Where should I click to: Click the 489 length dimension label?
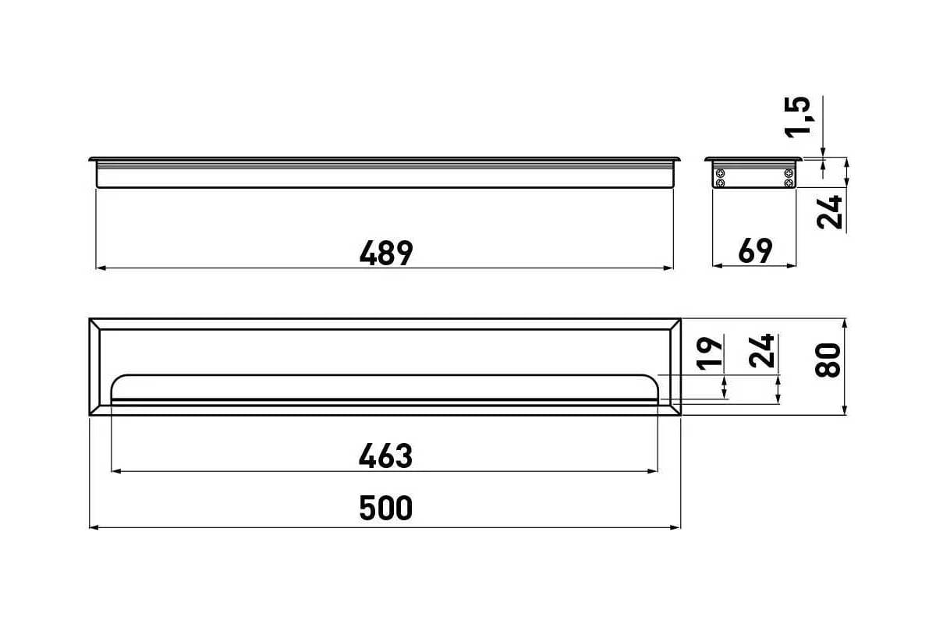click(386, 253)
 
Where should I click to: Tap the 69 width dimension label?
click(755, 251)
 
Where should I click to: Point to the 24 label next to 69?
click(830, 212)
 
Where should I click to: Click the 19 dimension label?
click(710, 353)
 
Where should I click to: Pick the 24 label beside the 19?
click(762, 351)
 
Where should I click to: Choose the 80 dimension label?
click(828, 360)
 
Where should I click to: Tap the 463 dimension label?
click(385, 456)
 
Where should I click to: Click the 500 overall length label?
click(385, 509)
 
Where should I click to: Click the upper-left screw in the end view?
click(720, 173)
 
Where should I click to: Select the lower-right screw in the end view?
click(789, 183)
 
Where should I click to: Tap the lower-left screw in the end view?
click(720, 183)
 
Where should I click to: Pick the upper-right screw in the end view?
click(789, 173)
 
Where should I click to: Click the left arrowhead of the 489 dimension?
click(101, 268)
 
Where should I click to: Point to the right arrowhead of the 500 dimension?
click(675, 528)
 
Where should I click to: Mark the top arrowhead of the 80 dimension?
click(845, 324)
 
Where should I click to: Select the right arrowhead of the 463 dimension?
click(653, 471)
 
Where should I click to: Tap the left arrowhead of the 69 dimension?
click(718, 266)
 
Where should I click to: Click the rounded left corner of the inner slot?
click(115, 379)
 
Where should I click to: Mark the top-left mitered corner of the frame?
click(94, 324)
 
